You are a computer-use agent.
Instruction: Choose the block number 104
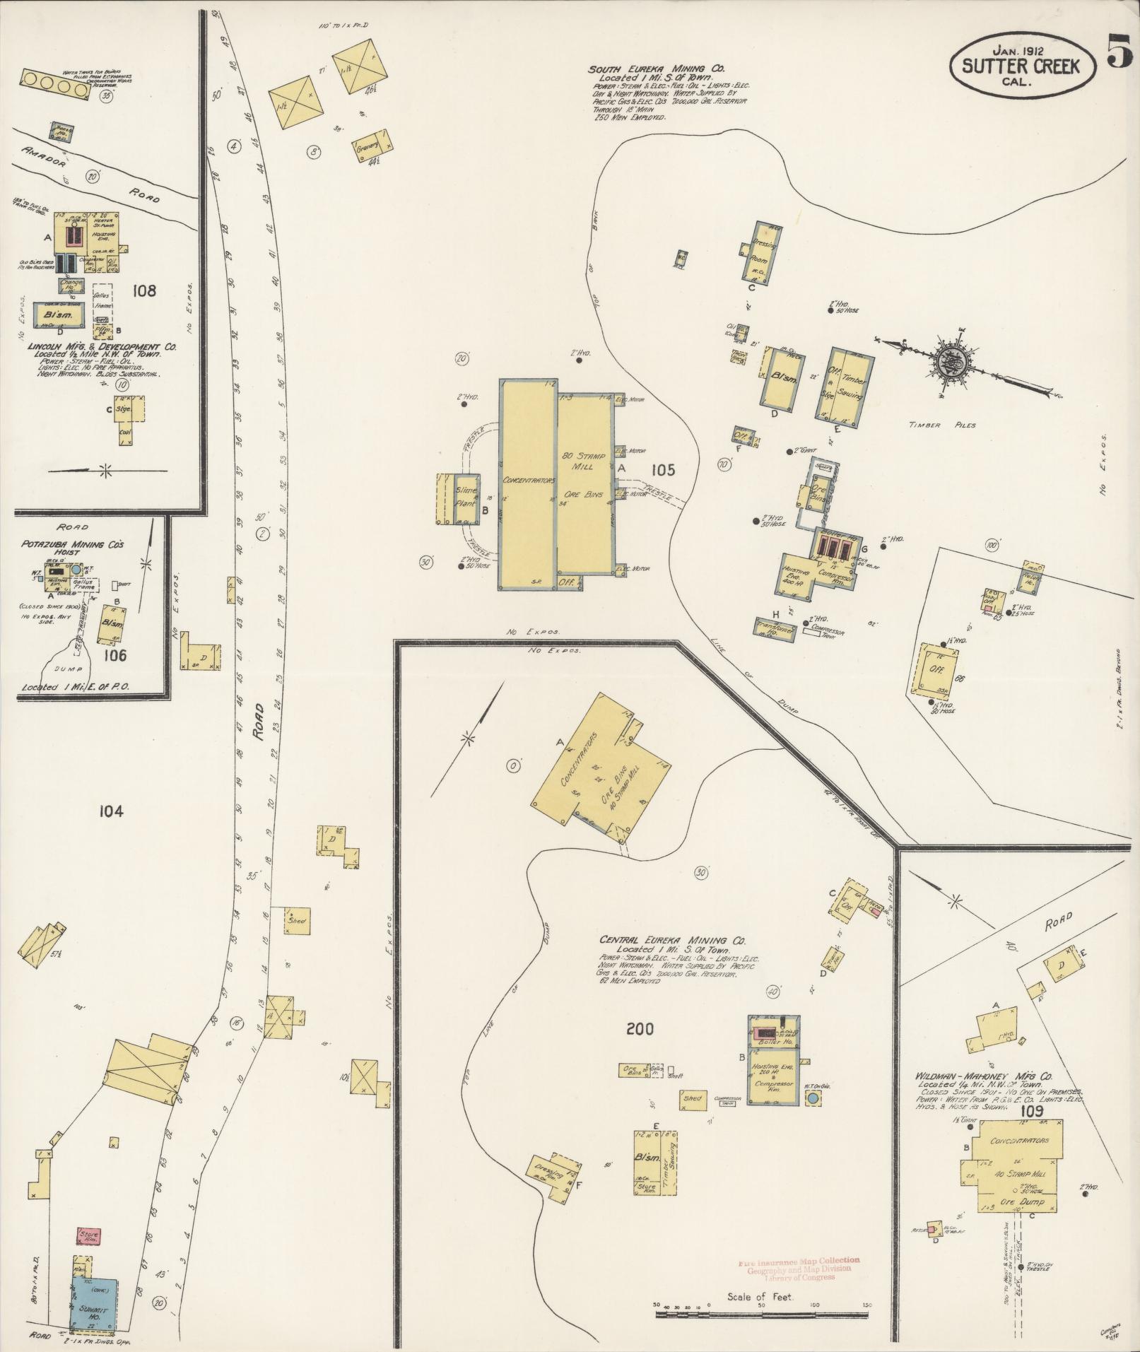point(112,811)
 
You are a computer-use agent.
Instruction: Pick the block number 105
point(664,469)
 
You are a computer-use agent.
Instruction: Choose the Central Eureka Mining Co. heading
point(672,941)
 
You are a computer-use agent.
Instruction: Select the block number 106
point(115,655)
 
